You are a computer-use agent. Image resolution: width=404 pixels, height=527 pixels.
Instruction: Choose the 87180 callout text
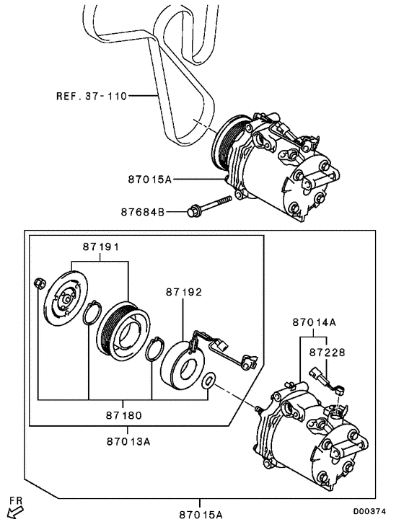[x=122, y=415]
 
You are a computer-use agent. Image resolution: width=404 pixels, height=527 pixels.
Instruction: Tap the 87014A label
[x=314, y=324]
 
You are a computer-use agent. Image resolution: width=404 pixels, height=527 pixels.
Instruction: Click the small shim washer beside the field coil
[x=209, y=380]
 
